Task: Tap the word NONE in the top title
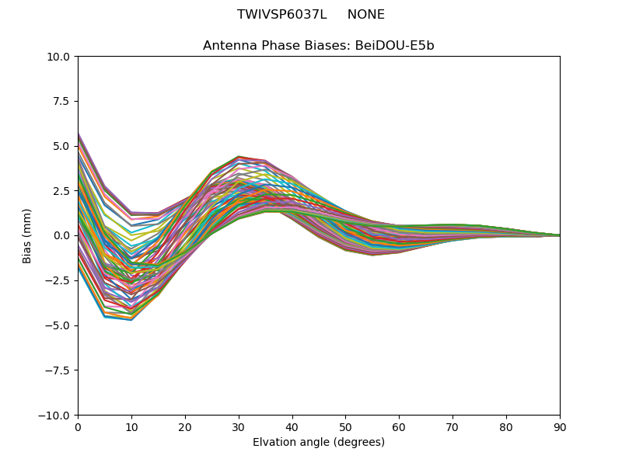pos(365,15)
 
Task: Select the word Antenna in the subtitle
pos(229,46)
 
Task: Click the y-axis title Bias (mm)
pos(27,235)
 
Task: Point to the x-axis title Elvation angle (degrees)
pos(319,443)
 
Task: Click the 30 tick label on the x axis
pos(239,426)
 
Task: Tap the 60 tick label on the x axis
pos(399,426)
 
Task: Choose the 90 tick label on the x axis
pos(560,426)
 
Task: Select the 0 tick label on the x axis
pos(78,426)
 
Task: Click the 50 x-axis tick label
pos(345,426)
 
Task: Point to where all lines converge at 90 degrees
pos(559,235)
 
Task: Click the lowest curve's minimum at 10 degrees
pos(131,319)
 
